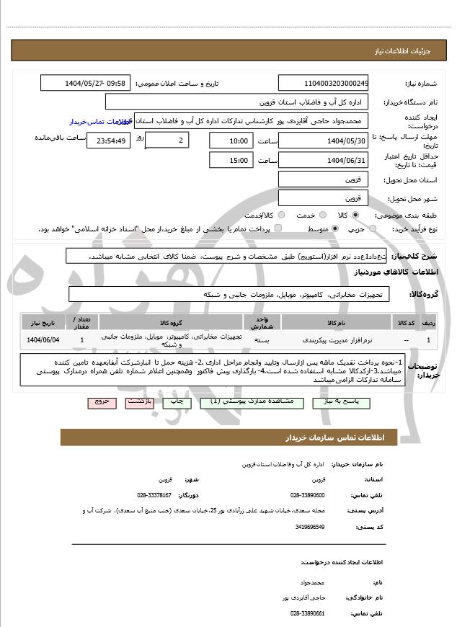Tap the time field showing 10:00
231,141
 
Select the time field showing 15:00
231,160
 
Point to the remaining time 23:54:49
108,141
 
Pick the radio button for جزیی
371,228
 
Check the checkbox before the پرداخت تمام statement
279,228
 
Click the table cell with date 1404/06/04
43,339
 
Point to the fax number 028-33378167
154,495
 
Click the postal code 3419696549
309,527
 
